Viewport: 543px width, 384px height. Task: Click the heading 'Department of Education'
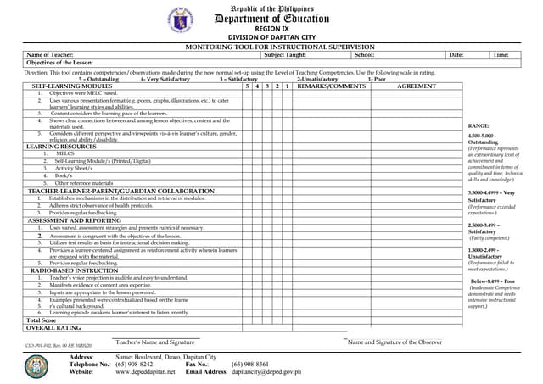coord(272,19)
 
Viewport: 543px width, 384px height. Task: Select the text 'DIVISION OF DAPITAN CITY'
coord(272,37)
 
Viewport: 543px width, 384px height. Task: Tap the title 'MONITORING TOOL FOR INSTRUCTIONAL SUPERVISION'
coord(272,47)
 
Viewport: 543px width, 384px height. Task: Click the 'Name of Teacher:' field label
coord(50,55)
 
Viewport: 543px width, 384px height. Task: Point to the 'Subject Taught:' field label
coord(285,55)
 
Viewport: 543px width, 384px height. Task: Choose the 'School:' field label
coord(364,55)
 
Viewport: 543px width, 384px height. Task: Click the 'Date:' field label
coord(456,55)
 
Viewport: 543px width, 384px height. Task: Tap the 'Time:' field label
coord(501,55)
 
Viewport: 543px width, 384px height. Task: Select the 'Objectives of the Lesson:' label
coord(60,64)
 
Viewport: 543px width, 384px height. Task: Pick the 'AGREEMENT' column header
coord(417,86)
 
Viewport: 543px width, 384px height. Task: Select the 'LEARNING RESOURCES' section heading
coord(61,147)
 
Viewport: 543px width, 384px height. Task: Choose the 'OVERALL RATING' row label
coord(53,328)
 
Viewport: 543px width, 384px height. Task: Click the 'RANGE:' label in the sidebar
coord(479,125)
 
